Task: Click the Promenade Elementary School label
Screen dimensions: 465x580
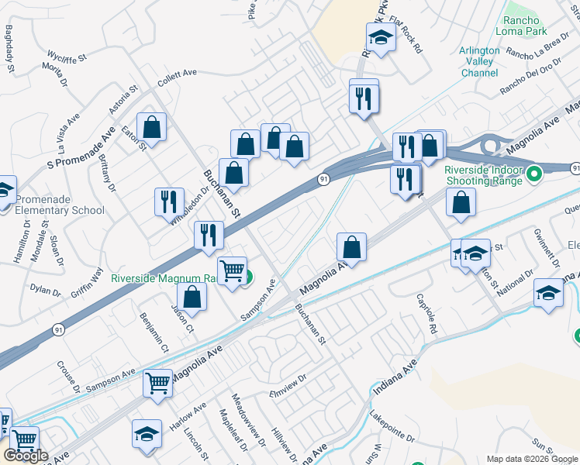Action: pyautogui.click(x=52, y=204)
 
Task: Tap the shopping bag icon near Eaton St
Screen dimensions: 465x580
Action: pyautogui.click(x=152, y=126)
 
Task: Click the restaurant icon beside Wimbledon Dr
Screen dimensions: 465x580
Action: pyautogui.click(x=169, y=201)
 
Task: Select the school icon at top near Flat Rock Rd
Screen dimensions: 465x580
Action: pyautogui.click(x=381, y=37)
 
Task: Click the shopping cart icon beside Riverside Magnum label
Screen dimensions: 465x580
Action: pyautogui.click(x=232, y=270)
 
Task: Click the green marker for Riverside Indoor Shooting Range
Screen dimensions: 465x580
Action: pyautogui.click(x=533, y=174)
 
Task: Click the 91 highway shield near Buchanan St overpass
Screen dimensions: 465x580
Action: pyautogui.click(x=323, y=180)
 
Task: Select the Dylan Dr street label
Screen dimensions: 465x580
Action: pyautogui.click(x=45, y=290)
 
